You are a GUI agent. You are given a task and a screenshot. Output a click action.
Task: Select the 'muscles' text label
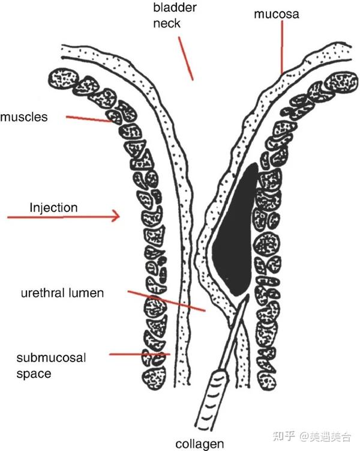pos(24,117)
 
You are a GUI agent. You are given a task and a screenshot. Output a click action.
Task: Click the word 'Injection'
pos(53,208)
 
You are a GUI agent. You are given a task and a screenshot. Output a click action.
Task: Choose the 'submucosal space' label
pos(52,366)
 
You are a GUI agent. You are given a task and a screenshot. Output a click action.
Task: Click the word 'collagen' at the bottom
pos(200,444)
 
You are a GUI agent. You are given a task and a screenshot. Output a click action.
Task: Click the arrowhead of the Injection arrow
pos(116,217)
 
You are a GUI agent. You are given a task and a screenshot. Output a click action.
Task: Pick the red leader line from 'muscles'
pos(90,119)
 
